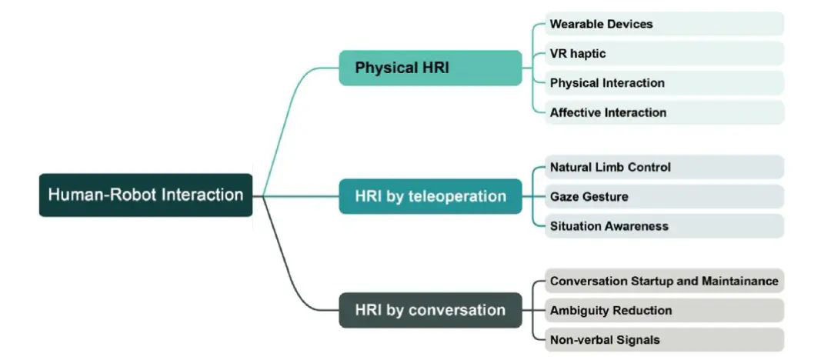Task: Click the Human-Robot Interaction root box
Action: (x=145, y=195)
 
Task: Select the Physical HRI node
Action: (x=430, y=68)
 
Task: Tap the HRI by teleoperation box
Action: (x=430, y=196)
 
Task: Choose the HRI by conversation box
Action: (x=430, y=310)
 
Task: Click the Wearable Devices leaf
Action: (x=664, y=24)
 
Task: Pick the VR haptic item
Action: (x=664, y=54)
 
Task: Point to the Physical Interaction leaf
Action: (x=664, y=83)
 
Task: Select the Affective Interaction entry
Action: (x=664, y=112)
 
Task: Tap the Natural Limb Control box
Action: (x=664, y=167)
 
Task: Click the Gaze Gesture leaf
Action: (x=664, y=197)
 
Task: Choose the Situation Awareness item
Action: (x=664, y=226)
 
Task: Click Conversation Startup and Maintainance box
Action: (x=664, y=281)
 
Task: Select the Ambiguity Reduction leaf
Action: (x=664, y=311)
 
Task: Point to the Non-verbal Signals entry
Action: (x=664, y=339)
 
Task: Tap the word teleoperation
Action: (x=459, y=196)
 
